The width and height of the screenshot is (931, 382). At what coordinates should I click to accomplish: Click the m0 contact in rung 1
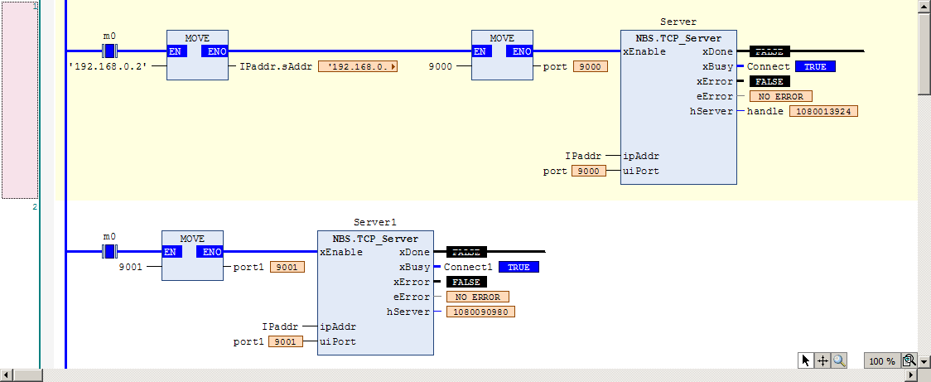tap(109, 51)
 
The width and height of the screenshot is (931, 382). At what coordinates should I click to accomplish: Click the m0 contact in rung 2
tap(109, 251)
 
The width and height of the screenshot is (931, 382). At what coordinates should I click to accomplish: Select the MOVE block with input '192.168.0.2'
tap(197, 55)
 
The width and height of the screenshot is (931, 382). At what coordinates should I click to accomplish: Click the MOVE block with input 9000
tap(502, 55)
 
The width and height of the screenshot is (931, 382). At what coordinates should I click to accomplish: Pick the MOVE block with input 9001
tap(192, 255)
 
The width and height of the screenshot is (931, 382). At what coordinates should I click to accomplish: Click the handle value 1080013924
tap(823, 111)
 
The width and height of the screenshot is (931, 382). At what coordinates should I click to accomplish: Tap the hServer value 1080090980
tap(480, 312)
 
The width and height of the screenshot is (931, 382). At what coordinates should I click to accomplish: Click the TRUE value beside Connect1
tap(519, 268)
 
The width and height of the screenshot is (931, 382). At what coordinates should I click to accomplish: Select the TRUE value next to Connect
tap(815, 66)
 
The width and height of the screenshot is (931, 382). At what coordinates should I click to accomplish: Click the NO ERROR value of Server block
tap(781, 96)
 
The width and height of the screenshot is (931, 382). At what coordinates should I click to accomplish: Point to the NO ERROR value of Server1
tap(478, 297)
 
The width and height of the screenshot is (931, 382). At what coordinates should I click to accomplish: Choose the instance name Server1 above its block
tap(374, 222)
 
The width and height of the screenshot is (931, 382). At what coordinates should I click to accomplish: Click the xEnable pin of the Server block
tap(644, 51)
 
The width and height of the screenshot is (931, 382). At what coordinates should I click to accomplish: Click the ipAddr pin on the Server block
tap(640, 157)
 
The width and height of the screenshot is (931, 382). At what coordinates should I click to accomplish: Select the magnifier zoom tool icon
tap(839, 360)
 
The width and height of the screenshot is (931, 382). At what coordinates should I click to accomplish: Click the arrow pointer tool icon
tap(806, 360)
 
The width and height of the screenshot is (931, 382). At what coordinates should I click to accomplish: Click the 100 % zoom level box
tap(882, 360)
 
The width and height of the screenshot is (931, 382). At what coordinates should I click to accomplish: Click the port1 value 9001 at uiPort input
tap(286, 341)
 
